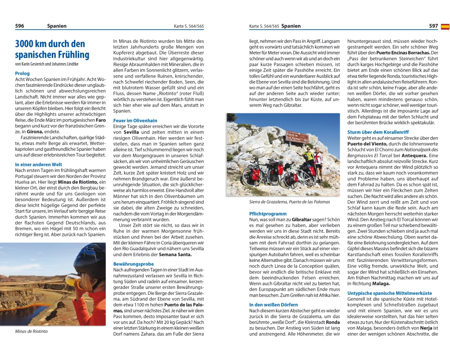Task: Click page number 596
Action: [x=20, y=26]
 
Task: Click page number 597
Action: [x=433, y=26]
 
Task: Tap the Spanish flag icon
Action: [x=445, y=27]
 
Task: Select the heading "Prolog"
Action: [x=22, y=73]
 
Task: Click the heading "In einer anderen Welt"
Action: [x=39, y=165]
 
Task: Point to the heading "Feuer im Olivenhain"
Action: [x=135, y=121]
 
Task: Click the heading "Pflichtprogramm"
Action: [x=268, y=214]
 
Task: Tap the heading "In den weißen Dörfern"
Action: [x=274, y=305]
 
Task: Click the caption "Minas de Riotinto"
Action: [x=31, y=332]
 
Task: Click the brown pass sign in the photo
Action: [x=297, y=137]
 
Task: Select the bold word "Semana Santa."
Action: [x=175, y=255]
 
